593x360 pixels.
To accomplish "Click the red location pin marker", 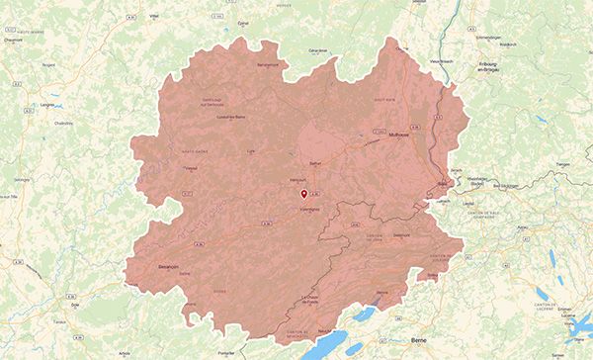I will pyautogui.click(x=304, y=196).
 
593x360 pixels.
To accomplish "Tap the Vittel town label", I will pyautogui.click(x=153, y=17).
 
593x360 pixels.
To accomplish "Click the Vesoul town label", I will pyautogui.click(x=191, y=169).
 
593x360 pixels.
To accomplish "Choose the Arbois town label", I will pyautogui.click(x=125, y=351).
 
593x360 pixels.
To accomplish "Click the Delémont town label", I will pyautogui.click(x=401, y=235).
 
